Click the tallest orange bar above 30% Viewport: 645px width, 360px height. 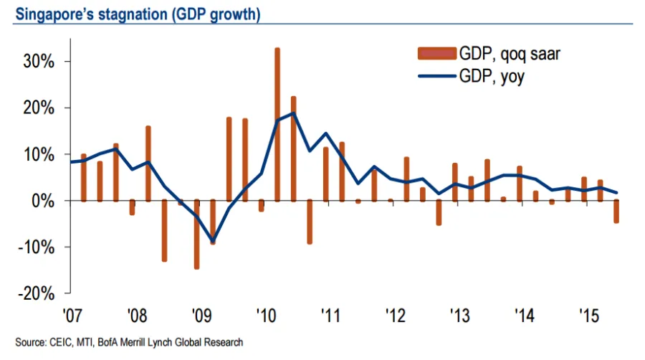coord(277,123)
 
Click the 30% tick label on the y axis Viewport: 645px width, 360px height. coord(40,62)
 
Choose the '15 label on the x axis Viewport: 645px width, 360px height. coord(588,316)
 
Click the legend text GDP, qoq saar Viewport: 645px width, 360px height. coord(508,53)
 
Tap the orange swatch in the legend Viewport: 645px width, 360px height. coord(436,53)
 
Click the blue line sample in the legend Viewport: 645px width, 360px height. coord(436,76)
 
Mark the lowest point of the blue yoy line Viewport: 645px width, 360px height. coord(212,242)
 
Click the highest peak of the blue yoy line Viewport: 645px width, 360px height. coord(293,113)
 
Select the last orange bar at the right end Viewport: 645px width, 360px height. coord(616,212)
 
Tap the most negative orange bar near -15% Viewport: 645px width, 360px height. coord(196,235)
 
